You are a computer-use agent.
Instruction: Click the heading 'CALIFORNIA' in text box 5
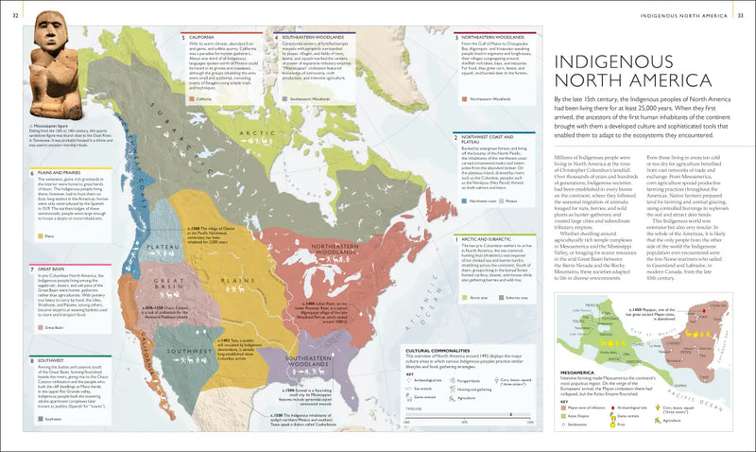pos(206,37)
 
